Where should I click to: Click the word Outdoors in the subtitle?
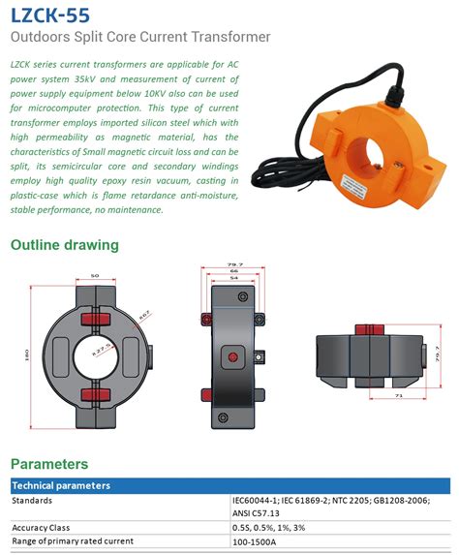point(42,38)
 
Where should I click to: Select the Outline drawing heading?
point(65,245)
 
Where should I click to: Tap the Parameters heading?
point(49,464)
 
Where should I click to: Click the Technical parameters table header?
point(60,485)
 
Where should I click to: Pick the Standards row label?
point(32,501)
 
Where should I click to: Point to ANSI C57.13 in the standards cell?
point(256,513)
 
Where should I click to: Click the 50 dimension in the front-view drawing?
point(95,277)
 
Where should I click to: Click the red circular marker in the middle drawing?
point(231,357)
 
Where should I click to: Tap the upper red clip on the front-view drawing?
point(95,319)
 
